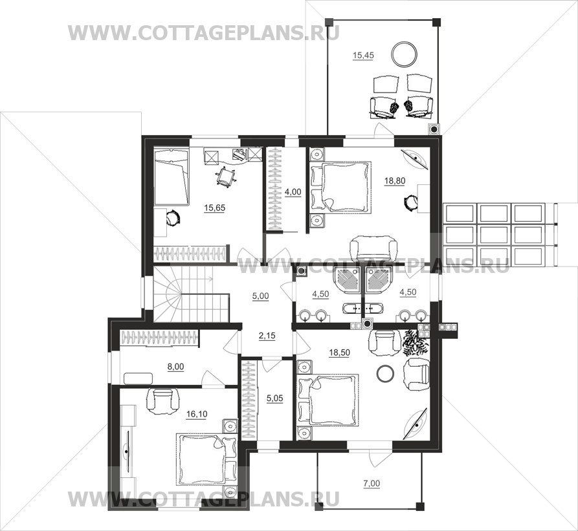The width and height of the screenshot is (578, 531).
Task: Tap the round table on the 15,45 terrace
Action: pyautogui.click(x=405, y=54)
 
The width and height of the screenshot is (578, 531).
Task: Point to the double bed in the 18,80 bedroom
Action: pyautogui.click(x=341, y=187)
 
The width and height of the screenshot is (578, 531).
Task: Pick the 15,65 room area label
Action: pyautogui.click(x=214, y=208)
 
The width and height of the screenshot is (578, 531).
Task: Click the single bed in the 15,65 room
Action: pyautogui.click(x=172, y=177)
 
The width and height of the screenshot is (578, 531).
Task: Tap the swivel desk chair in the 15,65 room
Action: pyautogui.click(x=225, y=176)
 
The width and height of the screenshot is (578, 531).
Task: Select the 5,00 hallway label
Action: pyautogui.click(x=261, y=296)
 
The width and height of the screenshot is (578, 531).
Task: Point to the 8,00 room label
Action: pyautogui.click(x=175, y=367)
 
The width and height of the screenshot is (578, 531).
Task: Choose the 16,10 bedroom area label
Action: pyautogui.click(x=197, y=415)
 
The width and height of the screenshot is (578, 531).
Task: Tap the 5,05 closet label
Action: pyautogui.click(x=274, y=398)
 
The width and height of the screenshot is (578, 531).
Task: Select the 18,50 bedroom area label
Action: pyautogui.click(x=339, y=352)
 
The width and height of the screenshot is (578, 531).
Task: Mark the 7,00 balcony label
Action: pyautogui.click(x=372, y=483)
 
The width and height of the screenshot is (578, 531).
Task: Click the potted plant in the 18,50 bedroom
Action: pyautogui.click(x=415, y=342)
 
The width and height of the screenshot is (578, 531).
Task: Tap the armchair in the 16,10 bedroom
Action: pyautogui.click(x=162, y=400)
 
